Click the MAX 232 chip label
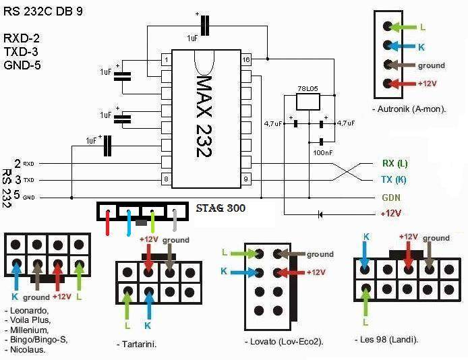tap(204, 116)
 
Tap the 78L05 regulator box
tap(309, 102)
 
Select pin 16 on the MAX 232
tap(247, 60)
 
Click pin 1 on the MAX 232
tap(166, 60)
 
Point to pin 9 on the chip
tap(247, 179)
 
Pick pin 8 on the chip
tap(166, 179)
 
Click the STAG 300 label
tap(220, 208)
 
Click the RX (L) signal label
tap(394, 164)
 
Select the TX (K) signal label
tap(394, 180)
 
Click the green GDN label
tap(390, 198)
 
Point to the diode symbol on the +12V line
tap(320, 214)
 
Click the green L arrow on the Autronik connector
tap(405, 28)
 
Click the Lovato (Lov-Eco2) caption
tap(284, 342)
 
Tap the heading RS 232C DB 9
tap(44, 11)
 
